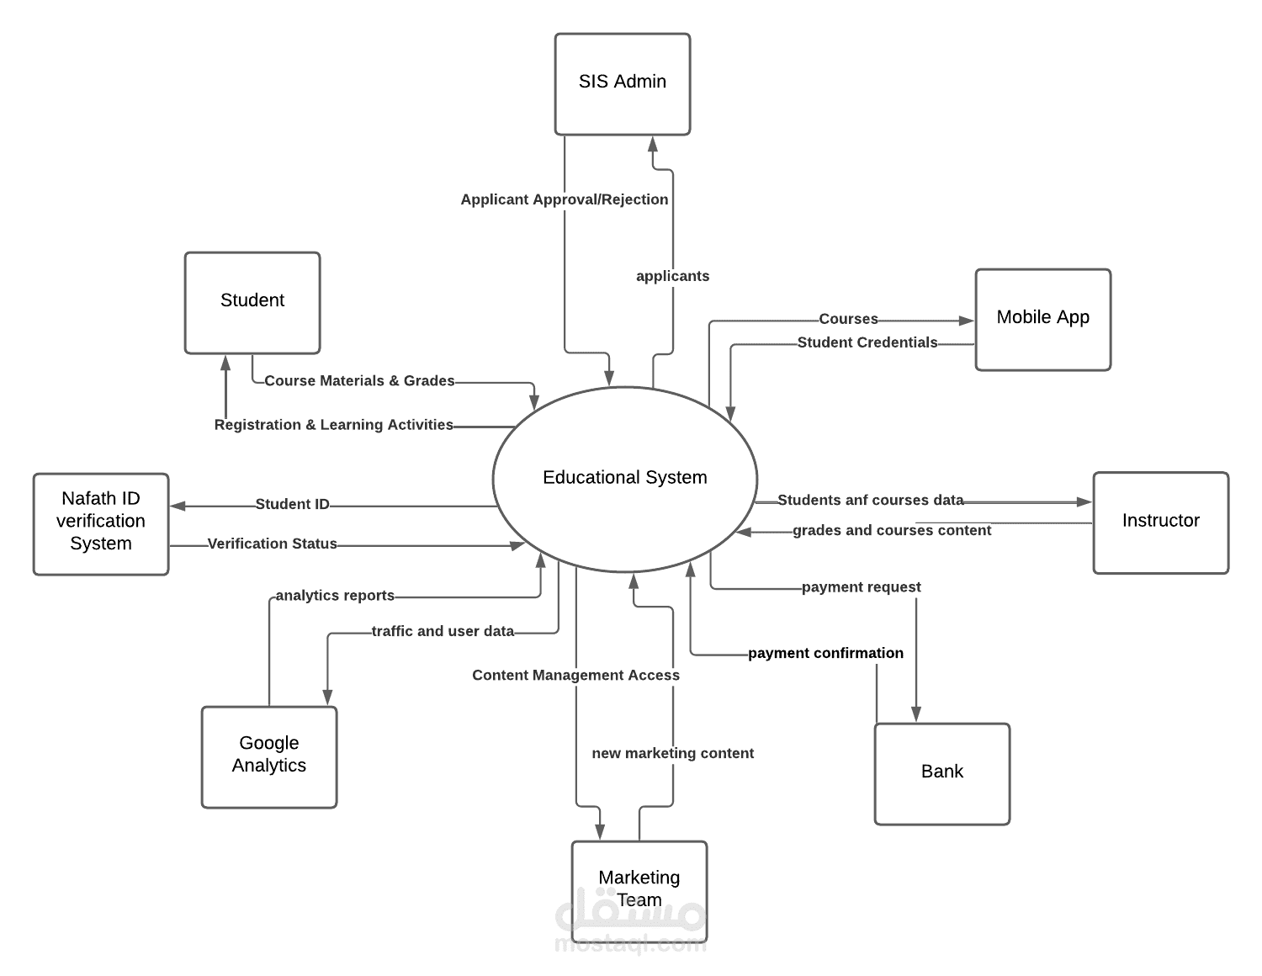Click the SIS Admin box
coord(623,84)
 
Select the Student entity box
coord(252,303)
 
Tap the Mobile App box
coord(1043,320)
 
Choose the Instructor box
coord(1161,522)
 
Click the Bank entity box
coord(942,774)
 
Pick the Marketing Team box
coord(639,891)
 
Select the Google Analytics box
coord(269,756)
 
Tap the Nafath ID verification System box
coord(101,523)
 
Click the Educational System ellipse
coord(624,478)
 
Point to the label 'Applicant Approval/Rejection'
coord(565,199)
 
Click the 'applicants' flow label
coord(672,276)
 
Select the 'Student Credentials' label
coord(867,342)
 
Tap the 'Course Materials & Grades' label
coord(359,381)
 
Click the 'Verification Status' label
coord(272,544)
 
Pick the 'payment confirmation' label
coord(825,653)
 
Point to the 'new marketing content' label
coord(672,753)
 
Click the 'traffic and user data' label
coord(443,631)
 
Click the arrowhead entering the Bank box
coord(916,715)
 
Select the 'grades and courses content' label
coord(892,531)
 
